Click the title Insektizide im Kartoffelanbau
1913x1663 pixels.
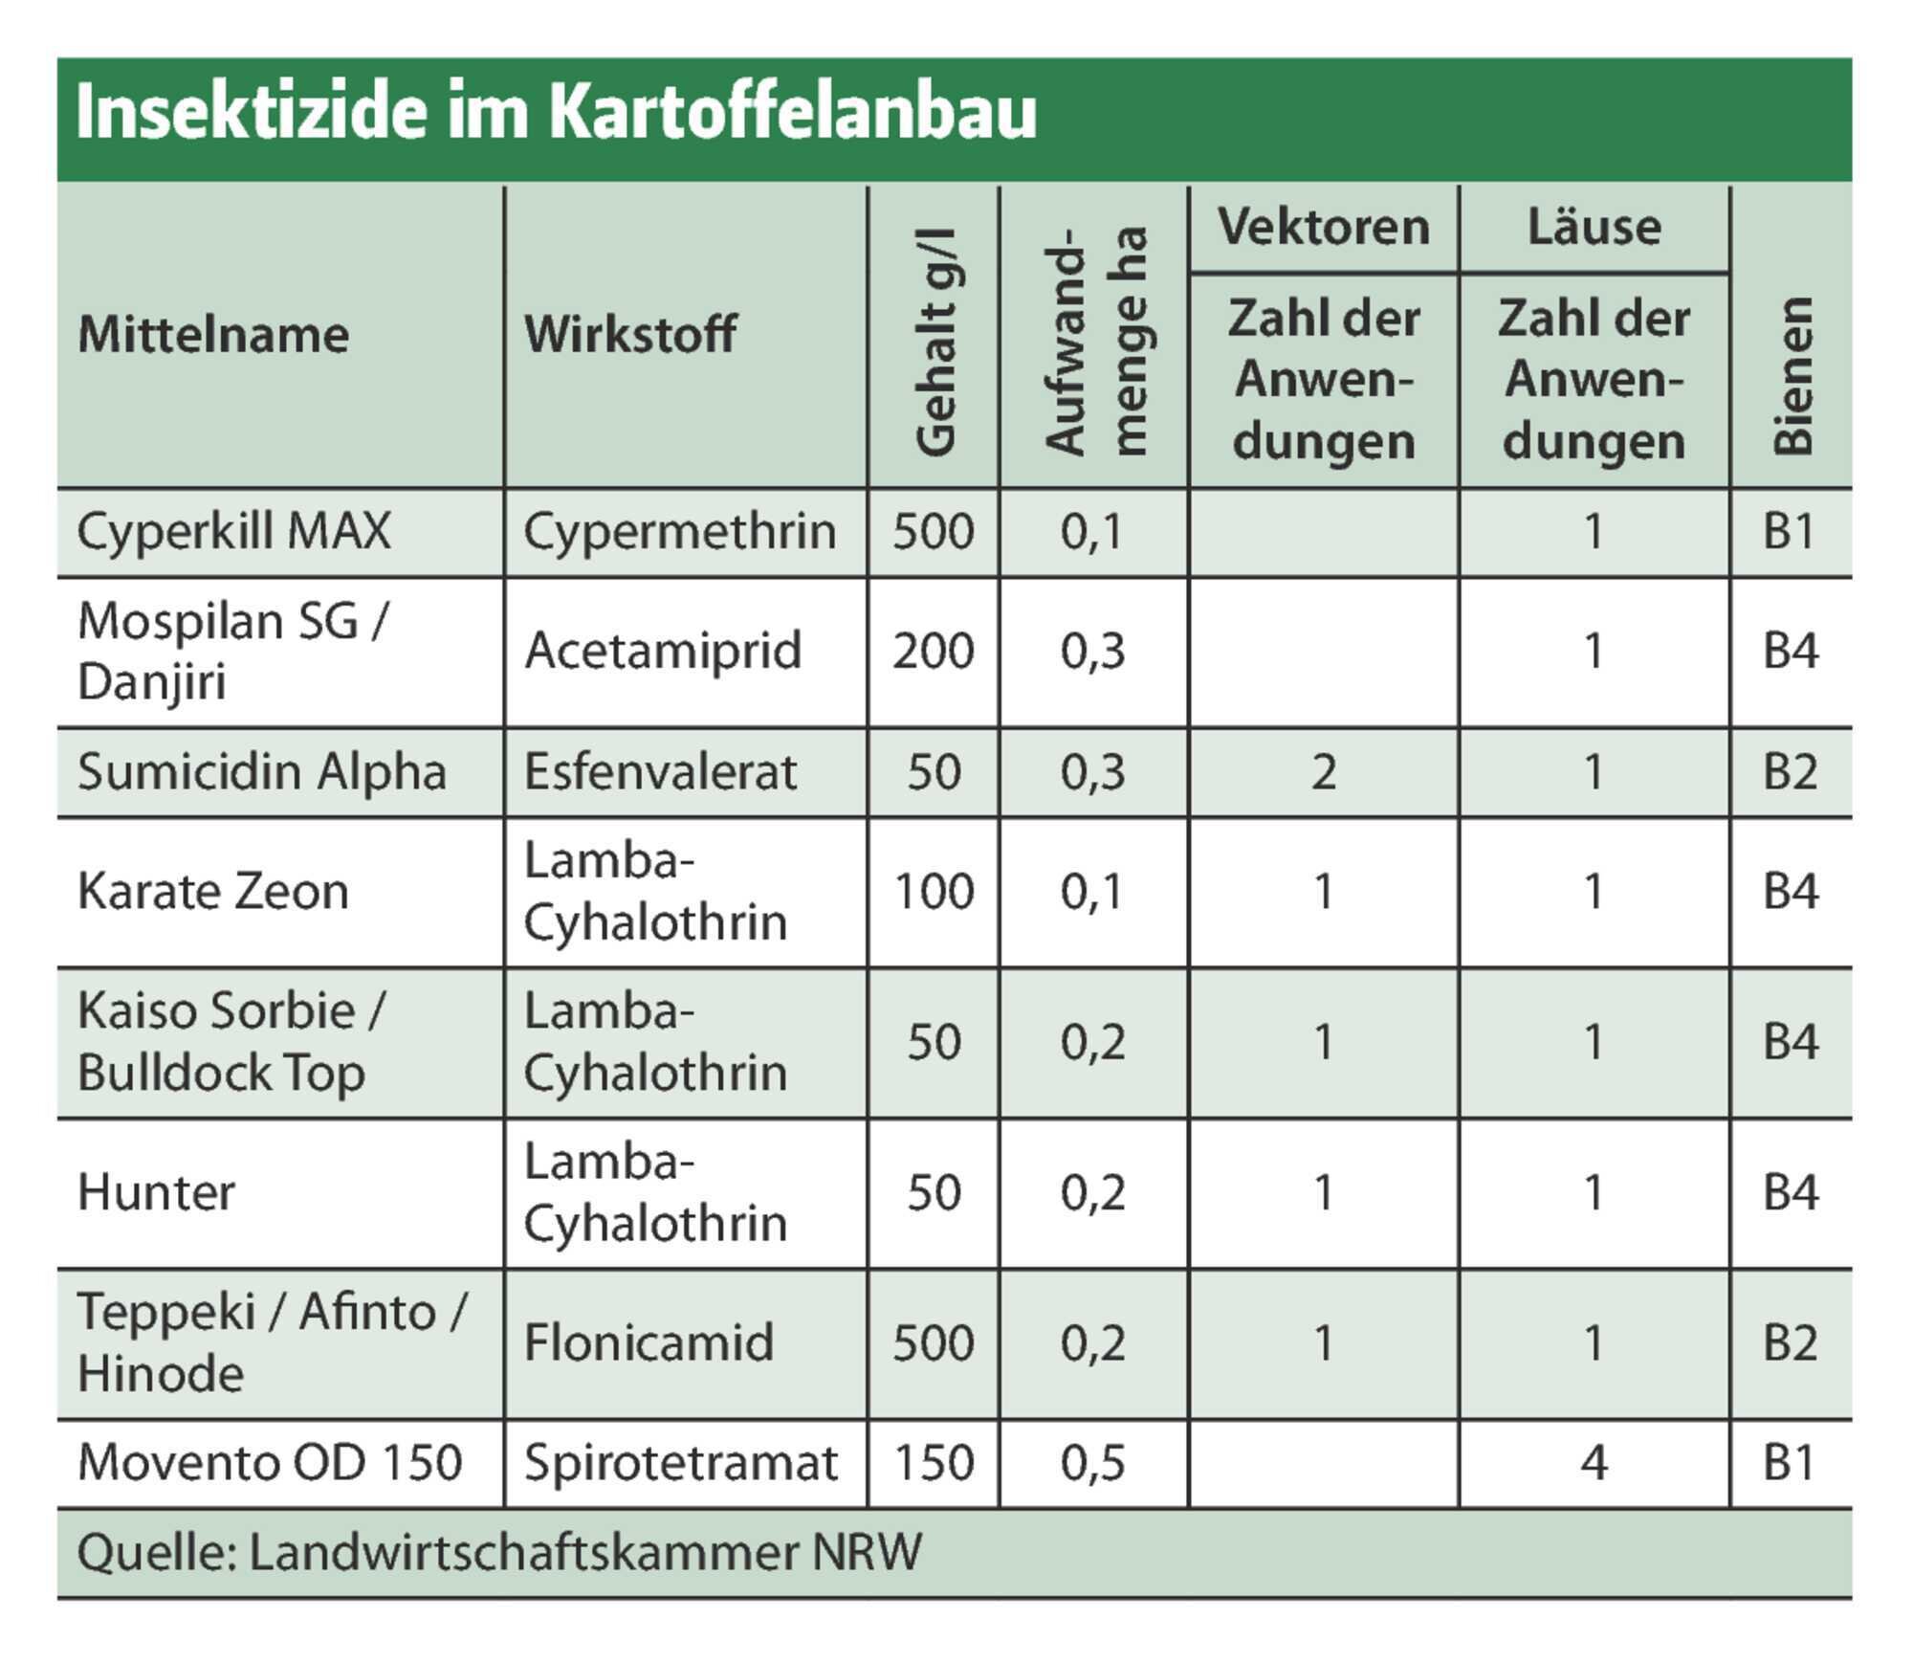point(556,113)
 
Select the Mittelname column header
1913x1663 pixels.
point(213,335)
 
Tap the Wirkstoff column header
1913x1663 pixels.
point(630,335)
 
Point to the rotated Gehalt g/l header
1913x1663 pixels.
point(935,342)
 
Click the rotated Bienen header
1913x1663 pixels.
point(1792,376)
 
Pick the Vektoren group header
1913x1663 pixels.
point(1324,227)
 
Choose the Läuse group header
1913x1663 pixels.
point(1594,227)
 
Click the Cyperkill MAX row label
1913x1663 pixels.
point(234,531)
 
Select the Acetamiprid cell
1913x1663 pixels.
point(662,652)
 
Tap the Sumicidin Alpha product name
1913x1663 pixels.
point(262,772)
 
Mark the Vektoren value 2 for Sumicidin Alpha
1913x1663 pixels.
point(1324,772)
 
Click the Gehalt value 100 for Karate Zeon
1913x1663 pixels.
point(934,892)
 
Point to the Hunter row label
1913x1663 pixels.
point(156,1193)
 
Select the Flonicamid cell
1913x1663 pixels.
point(649,1342)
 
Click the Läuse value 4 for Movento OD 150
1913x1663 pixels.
point(1594,1463)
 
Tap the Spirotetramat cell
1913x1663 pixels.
point(680,1464)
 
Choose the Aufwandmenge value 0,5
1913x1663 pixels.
point(1092,1464)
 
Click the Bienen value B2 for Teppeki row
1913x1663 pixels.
point(1791,1342)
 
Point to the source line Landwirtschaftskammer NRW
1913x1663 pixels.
point(585,1552)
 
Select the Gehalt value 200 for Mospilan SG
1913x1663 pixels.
point(934,652)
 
